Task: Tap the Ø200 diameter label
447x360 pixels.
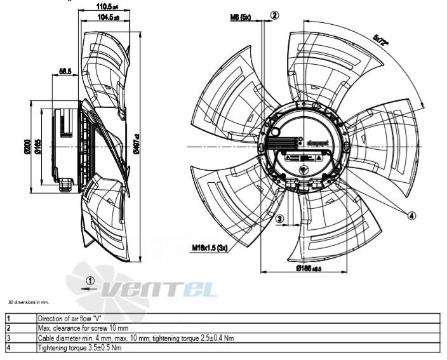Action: pyautogui.click(x=27, y=146)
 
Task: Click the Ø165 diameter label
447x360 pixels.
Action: pyautogui.click(x=37, y=146)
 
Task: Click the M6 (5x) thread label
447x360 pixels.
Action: pyautogui.click(x=241, y=18)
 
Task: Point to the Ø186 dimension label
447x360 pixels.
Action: pyautogui.click(x=309, y=269)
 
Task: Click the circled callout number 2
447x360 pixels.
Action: pyautogui.click(x=274, y=15)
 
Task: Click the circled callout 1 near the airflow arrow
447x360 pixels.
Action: pyautogui.click(x=91, y=279)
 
